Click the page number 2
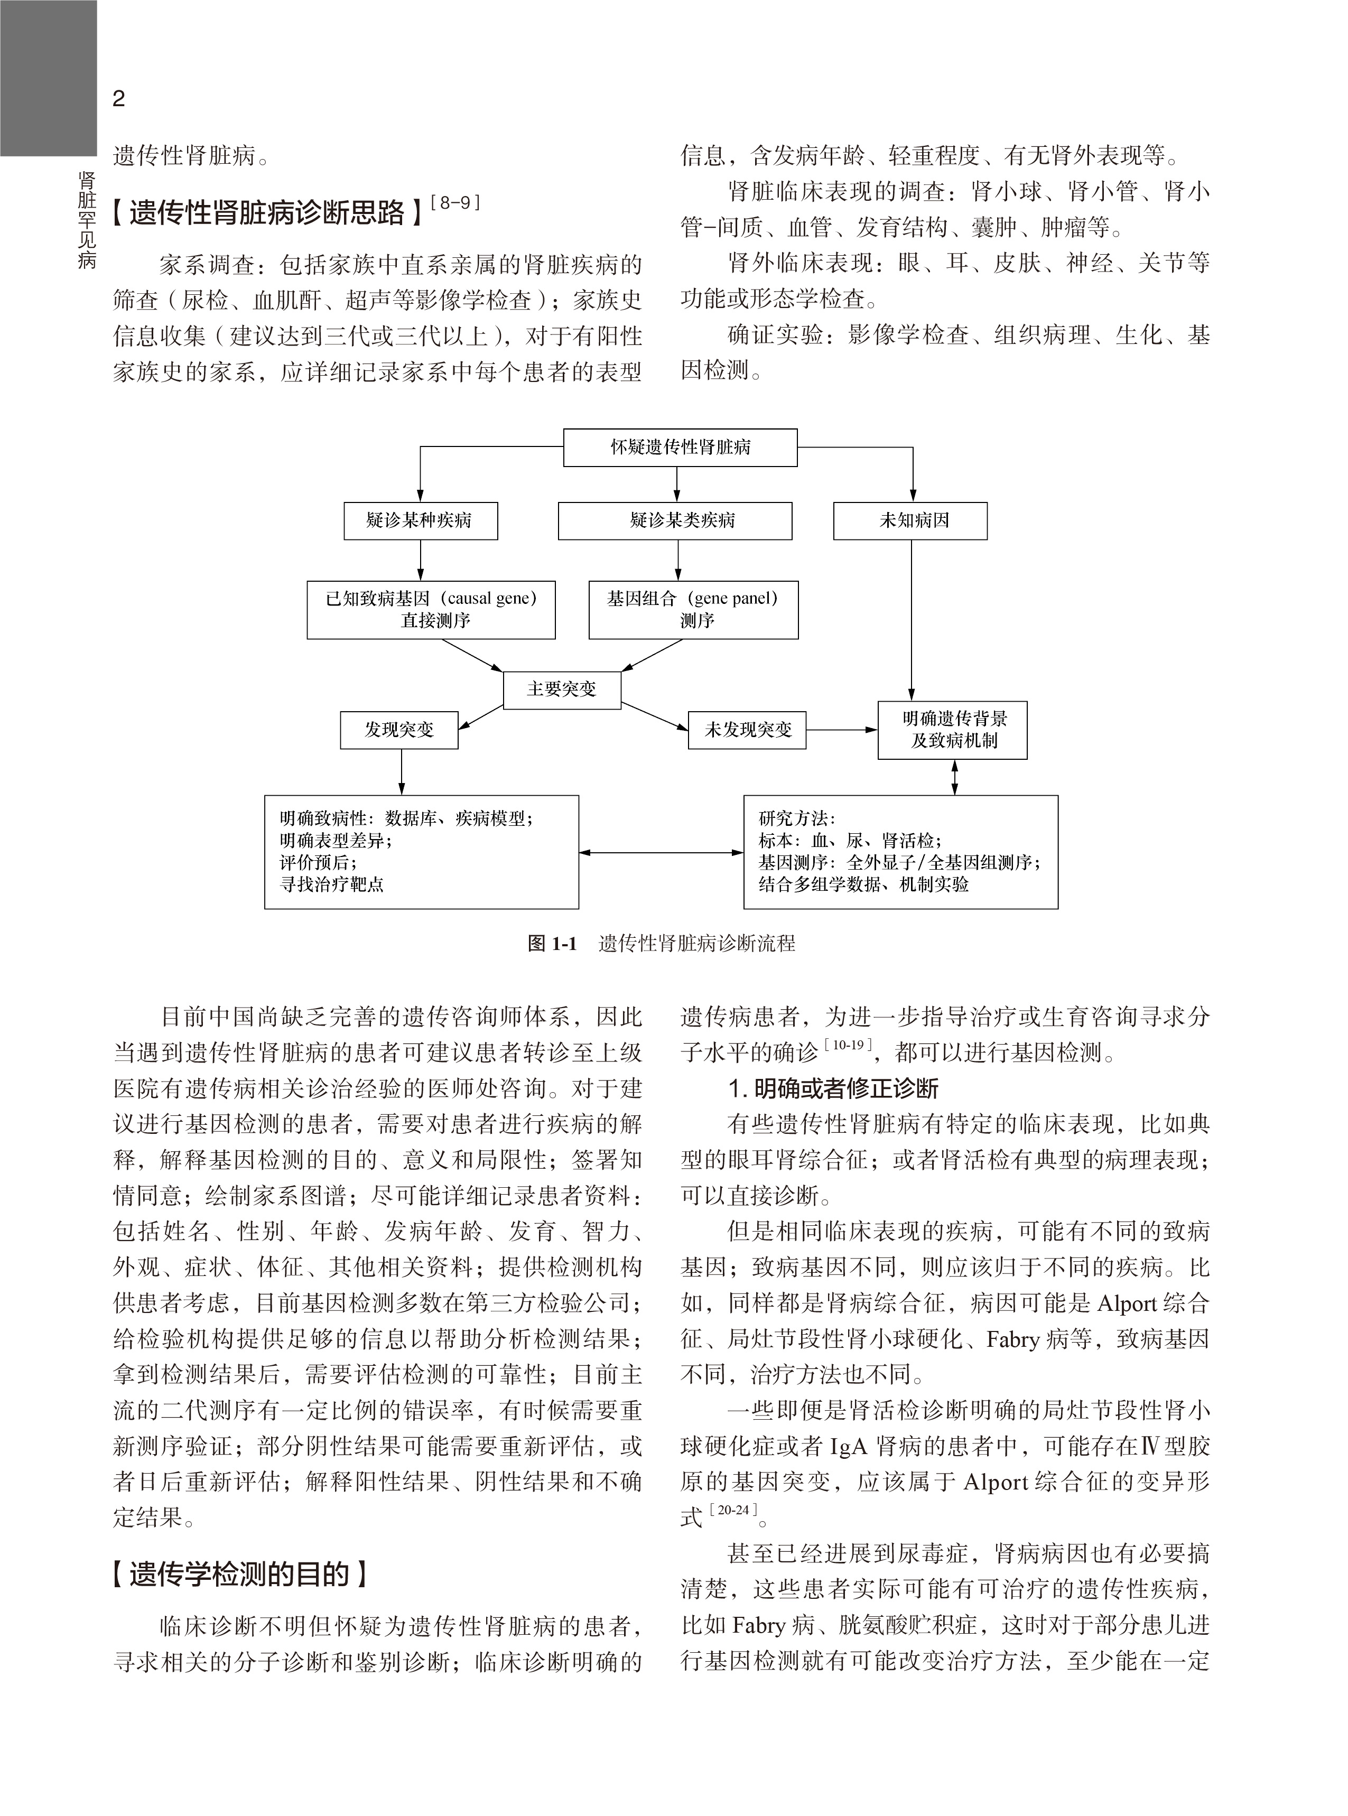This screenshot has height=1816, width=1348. [119, 99]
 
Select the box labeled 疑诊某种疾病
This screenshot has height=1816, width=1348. [420, 520]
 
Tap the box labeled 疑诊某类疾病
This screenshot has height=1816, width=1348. [675, 520]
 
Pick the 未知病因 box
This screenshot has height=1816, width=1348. [910, 520]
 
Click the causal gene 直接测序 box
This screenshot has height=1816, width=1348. [431, 609]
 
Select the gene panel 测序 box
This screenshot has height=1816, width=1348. [693, 609]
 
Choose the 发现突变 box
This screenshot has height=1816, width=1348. [399, 729]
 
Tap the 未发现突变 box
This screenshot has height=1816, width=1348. [747, 729]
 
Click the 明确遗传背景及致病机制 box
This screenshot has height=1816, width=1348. [952, 729]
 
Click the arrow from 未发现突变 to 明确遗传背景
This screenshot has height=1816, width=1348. [841, 729]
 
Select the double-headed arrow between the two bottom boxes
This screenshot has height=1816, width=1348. [661, 853]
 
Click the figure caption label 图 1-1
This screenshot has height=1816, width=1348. [552, 944]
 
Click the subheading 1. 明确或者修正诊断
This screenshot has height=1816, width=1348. [833, 1088]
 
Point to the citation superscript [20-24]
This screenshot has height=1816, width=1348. [733, 1510]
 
